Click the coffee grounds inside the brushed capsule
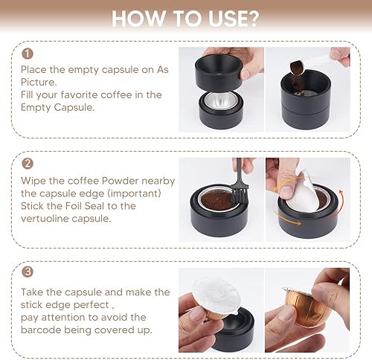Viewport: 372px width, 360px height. coord(218,199)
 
